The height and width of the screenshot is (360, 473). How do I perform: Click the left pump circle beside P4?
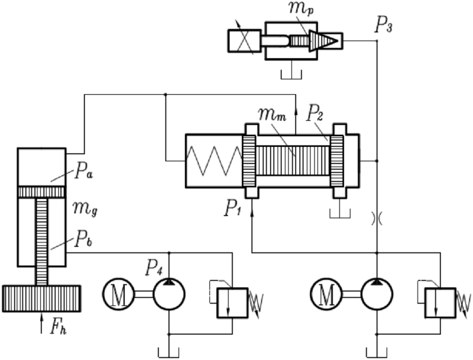coord(169,295)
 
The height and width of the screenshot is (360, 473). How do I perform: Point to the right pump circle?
coord(377,295)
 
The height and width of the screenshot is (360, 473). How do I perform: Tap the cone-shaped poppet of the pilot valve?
coord(325,41)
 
